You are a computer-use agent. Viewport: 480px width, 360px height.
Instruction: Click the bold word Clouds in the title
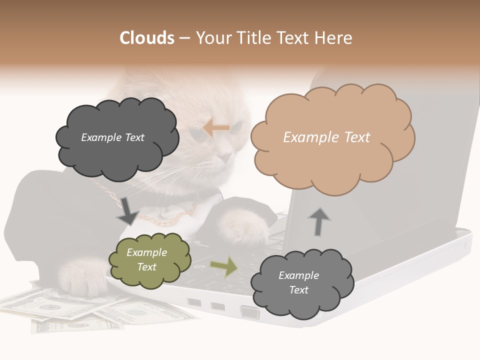pyautogui.click(x=147, y=38)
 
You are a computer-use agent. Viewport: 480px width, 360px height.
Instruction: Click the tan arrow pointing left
pyautogui.click(x=216, y=128)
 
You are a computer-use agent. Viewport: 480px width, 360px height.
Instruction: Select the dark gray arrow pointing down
pyautogui.click(x=127, y=211)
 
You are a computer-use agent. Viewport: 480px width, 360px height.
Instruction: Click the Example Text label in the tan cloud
pyautogui.click(x=326, y=137)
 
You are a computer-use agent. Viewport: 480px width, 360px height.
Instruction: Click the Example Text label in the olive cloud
pyautogui.click(x=146, y=260)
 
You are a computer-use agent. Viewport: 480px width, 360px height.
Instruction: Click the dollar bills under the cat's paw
pyautogui.click(x=75, y=310)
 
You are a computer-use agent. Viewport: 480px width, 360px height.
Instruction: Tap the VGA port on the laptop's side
pyautogui.click(x=250, y=312)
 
